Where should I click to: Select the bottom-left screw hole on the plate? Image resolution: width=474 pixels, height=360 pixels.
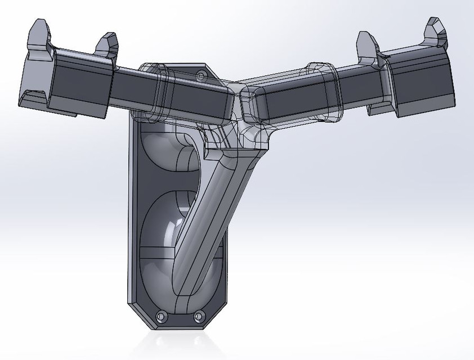(161, 317)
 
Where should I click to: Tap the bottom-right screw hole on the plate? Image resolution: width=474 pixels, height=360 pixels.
(198, 317)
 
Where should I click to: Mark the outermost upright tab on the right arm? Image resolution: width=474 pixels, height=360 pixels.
(433, 31)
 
